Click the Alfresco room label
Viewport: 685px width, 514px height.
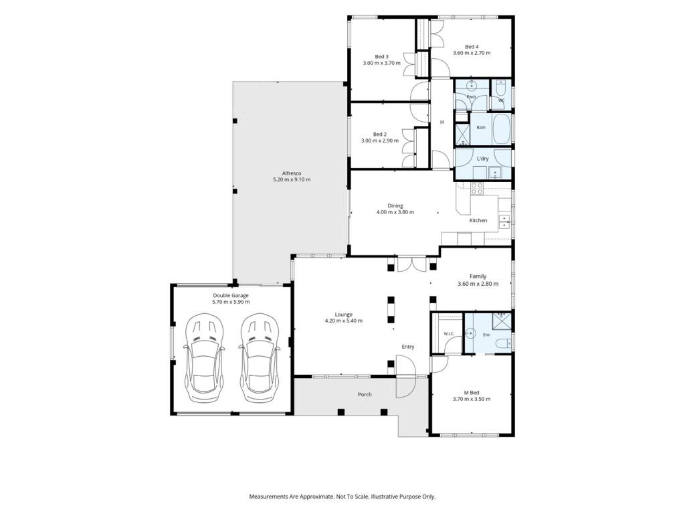click(292, 173)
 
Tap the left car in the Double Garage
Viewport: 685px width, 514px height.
click(204, 357)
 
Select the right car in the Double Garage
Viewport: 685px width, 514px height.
click(260, 357)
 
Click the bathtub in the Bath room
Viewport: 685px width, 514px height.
click(502, 129)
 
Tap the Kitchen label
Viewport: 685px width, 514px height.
click(478, 220)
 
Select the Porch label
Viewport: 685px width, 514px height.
click(365, 394)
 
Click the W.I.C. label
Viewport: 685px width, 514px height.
click(449, 334)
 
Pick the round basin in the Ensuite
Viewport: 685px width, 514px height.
click(470, 333)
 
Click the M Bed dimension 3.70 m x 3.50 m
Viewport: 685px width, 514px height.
click(472, 399)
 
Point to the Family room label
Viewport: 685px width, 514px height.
click(478, 276)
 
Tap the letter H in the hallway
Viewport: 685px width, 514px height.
click(442, 122)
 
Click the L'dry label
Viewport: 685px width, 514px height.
click(483, 159)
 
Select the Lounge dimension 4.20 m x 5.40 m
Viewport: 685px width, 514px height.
click(343, 321)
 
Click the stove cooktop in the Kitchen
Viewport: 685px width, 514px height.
click(476, 188)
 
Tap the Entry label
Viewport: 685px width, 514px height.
click(407, 347)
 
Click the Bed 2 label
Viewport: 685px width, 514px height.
click(380, 134)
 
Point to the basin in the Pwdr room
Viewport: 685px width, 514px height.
click(472, 85)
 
